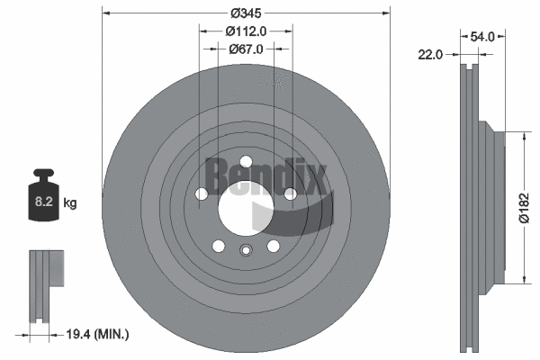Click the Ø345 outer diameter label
(x=247, y=13)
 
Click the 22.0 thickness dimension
(x=430, y=55)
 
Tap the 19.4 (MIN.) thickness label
(x=99, y=335)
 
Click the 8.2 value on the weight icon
(x=42, y=203)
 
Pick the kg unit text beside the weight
(x=70, y=203)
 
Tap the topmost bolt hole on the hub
(x=246, y=162)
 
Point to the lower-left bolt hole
(x=219, y=246)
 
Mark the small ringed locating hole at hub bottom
(x=246, y=253)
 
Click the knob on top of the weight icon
(x=42, y=175)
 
